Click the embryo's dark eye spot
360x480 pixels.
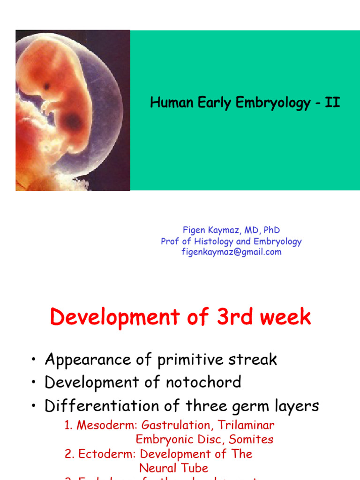coord(47,86)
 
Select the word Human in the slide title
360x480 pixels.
coord(167,103)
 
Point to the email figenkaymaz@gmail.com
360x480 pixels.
coord(232,252)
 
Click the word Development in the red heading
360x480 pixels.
coord(114,317)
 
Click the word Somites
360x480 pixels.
coord(255,440)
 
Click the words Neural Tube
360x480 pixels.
coord(173,468)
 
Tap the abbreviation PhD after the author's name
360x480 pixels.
coord(271,230)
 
